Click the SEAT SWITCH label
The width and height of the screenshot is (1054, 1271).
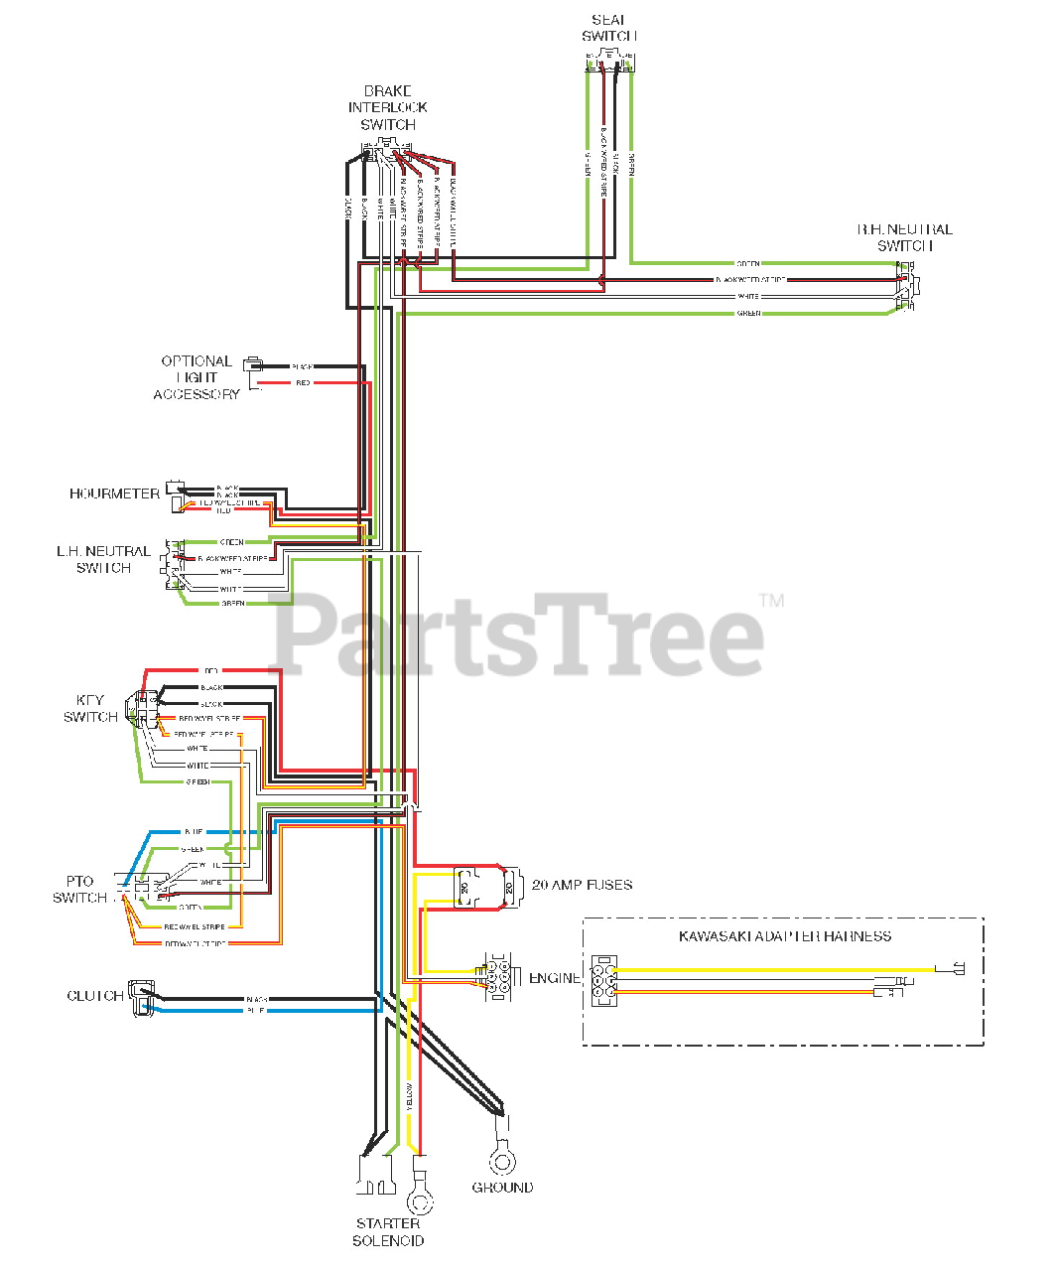[608, 28]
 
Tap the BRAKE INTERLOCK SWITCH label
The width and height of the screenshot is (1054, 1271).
[388, 107]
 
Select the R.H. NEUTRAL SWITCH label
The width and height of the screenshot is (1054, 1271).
[904, 237]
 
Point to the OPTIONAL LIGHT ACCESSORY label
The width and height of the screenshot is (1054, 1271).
[197, 377]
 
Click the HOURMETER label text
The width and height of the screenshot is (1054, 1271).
[114, 494]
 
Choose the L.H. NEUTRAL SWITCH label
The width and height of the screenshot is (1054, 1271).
[103, 559]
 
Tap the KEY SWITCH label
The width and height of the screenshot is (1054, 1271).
[90, 708]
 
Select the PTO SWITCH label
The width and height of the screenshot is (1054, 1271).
[79, 889]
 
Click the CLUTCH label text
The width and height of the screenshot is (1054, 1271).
[95, 996]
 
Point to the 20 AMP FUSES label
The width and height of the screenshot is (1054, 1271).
[582, 885]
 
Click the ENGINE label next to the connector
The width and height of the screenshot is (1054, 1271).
[554, 978]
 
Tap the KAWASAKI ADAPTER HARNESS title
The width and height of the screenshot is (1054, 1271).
[784, 936]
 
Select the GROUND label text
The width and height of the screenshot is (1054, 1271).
[502, 1188]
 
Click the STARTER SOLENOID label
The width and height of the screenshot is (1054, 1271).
[388, 1232]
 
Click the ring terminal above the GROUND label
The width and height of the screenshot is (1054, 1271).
[501, 1159]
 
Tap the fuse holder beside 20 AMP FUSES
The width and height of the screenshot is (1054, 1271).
[486, 886]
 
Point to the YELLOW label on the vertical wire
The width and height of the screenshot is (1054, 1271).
[410, 1097]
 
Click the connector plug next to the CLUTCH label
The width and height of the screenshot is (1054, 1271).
[141, 993]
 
